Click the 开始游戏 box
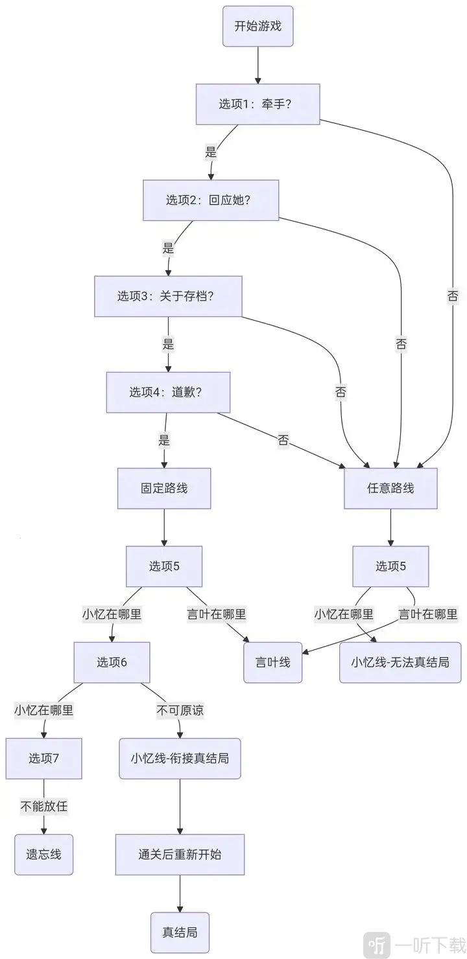click(x=258, y=27)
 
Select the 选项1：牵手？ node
click(x=258, y=104)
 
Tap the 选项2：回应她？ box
click(x=211, y=200)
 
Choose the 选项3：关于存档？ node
click(x=168, y=296)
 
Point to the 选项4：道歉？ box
click(x=168, y=392)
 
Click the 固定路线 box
click(x=164, y=489)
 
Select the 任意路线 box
click(x=390, y=489)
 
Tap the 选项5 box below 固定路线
click(x=164, y=566)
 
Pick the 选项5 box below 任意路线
click(x=390, y=566)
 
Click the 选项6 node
click(x=112, y=662)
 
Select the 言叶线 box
click(x=273, y=662)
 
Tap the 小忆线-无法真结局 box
click(x=400, y=662)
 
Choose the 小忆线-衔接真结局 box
click(x=180, y=758)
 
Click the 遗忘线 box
click(x=44, y=854)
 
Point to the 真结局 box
click(x=180, y=932)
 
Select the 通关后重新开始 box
click(x=180, y=854)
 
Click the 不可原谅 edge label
click(x=180, y=710)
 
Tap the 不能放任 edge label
click(x=44, y=806)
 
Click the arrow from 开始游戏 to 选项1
click(x=258, y=65)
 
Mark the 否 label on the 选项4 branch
click(x=283, y=441)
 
